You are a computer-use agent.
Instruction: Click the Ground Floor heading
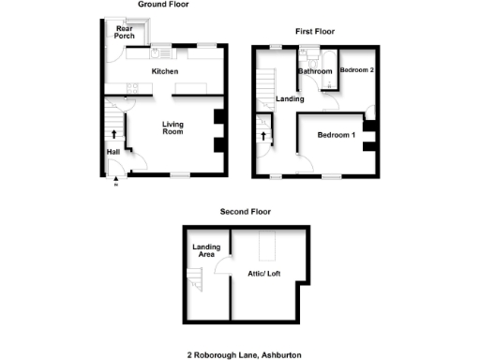(163, 5)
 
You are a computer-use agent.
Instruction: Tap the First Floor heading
(316, 32)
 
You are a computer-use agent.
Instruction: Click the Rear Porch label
(125, 32)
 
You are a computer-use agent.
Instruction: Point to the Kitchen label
(166, 72)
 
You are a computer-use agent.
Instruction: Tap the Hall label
(112, 152)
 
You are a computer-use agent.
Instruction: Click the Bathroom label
(315, 71)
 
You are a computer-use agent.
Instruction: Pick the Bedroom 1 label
(336, 136)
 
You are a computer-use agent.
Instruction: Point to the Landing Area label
(206, 251)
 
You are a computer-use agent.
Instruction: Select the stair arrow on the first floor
(263, 137)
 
